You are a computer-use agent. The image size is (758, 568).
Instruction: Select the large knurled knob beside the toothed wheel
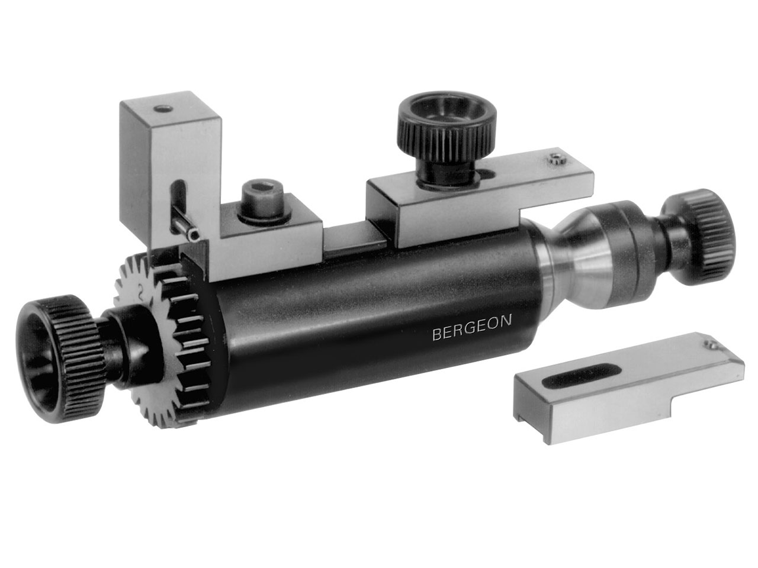point(61,359)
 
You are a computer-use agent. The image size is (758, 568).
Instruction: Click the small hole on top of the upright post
point(163,109)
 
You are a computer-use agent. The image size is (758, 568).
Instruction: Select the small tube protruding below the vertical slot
point(187,230)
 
